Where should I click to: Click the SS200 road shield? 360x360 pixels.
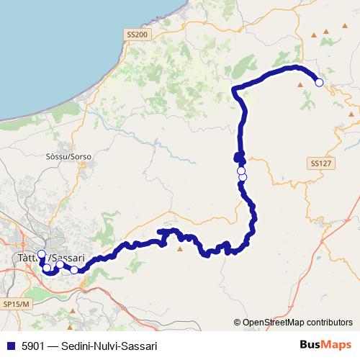click(x=136, y=34)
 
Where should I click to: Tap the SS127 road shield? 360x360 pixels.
click(x=321, y=164)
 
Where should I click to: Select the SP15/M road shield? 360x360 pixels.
click(x=17, y=305)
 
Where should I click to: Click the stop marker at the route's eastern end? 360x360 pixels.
click(x=319, y=83)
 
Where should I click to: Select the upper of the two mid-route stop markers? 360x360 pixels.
click(x=241, y=171)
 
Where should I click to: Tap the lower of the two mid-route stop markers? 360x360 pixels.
click(x=243, y=177)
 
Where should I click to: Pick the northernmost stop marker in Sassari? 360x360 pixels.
click(x=42, y=254)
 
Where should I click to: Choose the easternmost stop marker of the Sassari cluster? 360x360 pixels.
click(x=74, y=270)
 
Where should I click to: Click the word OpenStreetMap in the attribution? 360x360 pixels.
click(x=277, y=323)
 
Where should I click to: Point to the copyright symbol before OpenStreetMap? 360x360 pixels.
click(x=238, y=323)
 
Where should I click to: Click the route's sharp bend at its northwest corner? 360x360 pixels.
click(x=235, y=89)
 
